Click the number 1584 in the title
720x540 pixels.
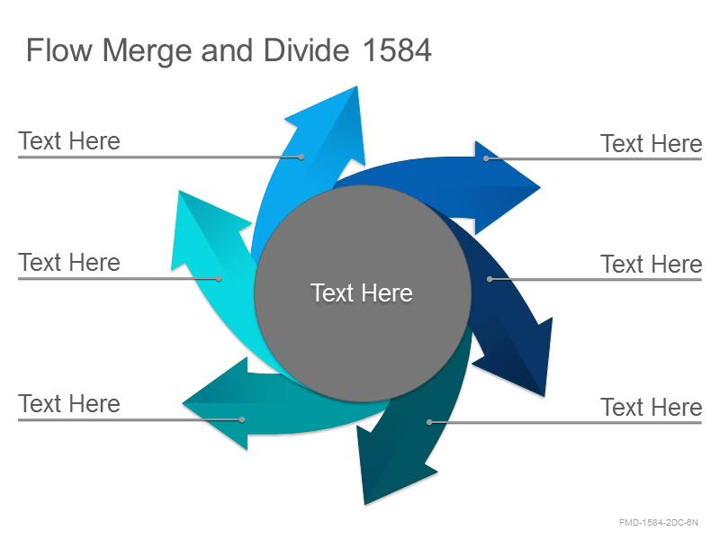[397, 50]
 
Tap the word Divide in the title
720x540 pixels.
[306, 50]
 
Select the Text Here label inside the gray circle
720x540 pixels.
[362, 293]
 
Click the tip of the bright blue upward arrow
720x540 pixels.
[356, 86]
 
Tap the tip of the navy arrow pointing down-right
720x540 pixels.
[544, 396]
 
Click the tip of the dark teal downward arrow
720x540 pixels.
[365, 504]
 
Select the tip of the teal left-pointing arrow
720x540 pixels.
[183, 403]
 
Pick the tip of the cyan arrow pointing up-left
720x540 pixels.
[179, 191]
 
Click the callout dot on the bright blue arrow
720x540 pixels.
[301, 157]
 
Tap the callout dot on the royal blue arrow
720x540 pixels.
[486, 158]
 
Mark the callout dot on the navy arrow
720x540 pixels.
[490, 279]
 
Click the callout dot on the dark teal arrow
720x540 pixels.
[429, 422]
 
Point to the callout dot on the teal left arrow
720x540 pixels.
[242, 419]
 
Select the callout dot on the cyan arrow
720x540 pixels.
[219, 279]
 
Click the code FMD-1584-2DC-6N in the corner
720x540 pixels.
[659, 523]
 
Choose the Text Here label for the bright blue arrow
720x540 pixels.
[69, 141]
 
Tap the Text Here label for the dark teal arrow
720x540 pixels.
[652, 408]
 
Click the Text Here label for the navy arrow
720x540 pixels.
[652, 265]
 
